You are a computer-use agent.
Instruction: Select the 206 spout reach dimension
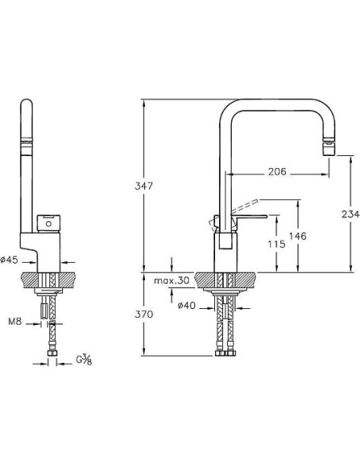pyautogui.click(x=277, y=171)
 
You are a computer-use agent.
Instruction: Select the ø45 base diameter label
pyautogui.click(x=10, y=260)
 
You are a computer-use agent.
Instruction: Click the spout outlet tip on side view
pyautogui.click(x=329, y=147)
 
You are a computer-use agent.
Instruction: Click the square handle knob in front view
pyautogui.click(x=50, y=221)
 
